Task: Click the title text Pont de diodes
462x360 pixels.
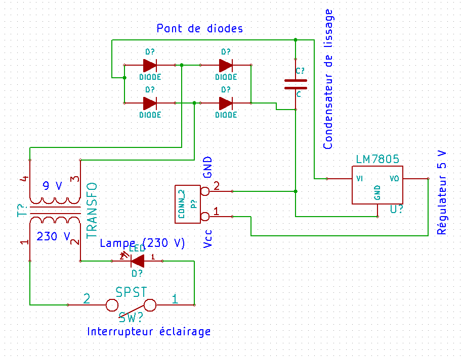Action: [x=200, y=28]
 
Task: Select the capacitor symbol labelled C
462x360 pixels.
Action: [x=296, y=84]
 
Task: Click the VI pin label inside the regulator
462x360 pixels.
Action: [x=359, y=178]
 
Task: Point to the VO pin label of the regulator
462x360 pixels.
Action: [x=395, y=178]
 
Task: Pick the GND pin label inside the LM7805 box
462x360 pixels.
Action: [x=377, y=192]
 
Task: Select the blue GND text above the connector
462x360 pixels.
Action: [x=207, y=168]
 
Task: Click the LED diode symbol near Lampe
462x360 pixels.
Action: [x=137, y=261]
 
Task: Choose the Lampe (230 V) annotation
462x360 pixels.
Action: [x=142, y=243]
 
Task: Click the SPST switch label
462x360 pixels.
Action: [x=131, y=292]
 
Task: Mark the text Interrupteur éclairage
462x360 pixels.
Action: [x=149, y=332]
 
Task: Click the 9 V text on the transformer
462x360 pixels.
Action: [x=52, y=186]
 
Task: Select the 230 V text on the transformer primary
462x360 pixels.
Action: [x=53, y=236]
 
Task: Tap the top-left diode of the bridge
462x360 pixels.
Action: [x=150, y=65]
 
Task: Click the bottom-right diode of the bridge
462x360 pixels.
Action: [x=226, y=103]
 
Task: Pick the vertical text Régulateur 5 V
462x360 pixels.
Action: [x=442, y=192]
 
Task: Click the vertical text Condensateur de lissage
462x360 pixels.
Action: [x=328, y=79]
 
